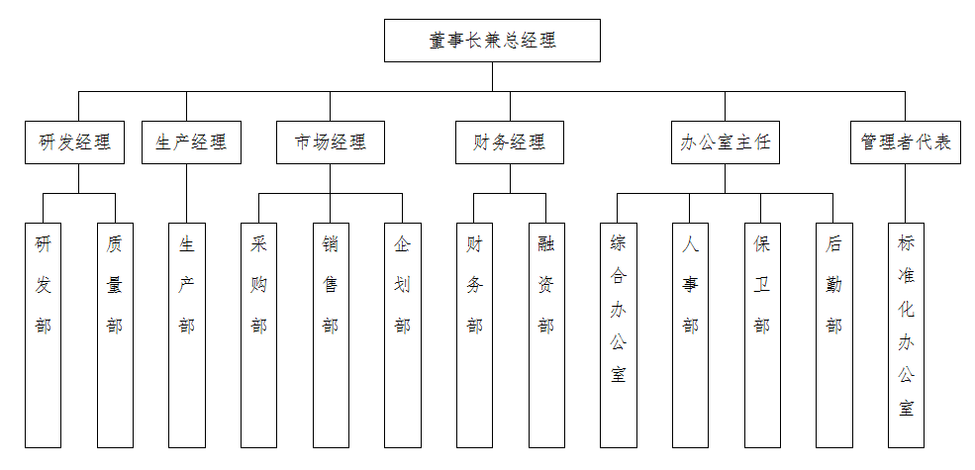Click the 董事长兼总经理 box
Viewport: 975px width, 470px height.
click(492, 41)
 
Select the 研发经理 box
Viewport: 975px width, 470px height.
click(74, 142)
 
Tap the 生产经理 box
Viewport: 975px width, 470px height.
click(191, 142)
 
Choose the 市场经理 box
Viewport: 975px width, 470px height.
click(331, 142)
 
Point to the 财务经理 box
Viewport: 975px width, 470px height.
click(510, 142)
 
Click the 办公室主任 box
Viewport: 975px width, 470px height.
click(725, 142)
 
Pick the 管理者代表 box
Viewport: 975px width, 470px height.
click(906, 142)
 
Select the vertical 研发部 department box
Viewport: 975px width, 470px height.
click(44, 334)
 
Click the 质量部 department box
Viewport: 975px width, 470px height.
click(115, 334)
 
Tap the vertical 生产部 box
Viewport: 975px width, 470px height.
click(187, 334)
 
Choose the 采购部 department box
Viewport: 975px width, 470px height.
click(259, 334)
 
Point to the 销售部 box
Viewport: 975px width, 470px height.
click(331, 334)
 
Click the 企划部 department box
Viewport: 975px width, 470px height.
click(402, 334)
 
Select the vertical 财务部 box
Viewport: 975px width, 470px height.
click(474, 334)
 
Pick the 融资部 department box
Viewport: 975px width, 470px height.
click(545, 334)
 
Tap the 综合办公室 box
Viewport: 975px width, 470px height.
click(618, 334)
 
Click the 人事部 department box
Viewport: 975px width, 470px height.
click(690, 334)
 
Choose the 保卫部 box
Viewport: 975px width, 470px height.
click(761, 334)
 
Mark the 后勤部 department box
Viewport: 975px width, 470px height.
click(833, 334)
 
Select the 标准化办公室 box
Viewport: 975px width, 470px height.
click(906, 334)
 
